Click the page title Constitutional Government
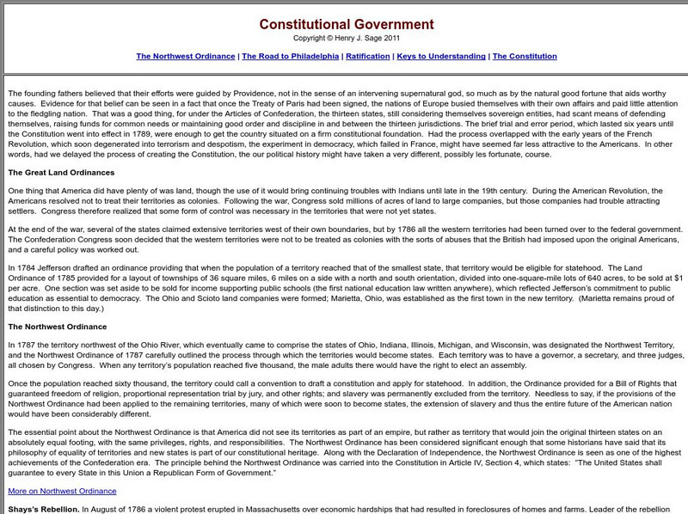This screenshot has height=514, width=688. pos(347,25)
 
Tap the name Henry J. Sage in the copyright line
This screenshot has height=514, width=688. pos(364,40)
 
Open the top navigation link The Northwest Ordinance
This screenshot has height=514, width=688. pos(186,56)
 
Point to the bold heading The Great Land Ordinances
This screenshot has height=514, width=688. pos(62,172)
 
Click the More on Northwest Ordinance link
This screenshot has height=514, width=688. pos(62,491)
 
